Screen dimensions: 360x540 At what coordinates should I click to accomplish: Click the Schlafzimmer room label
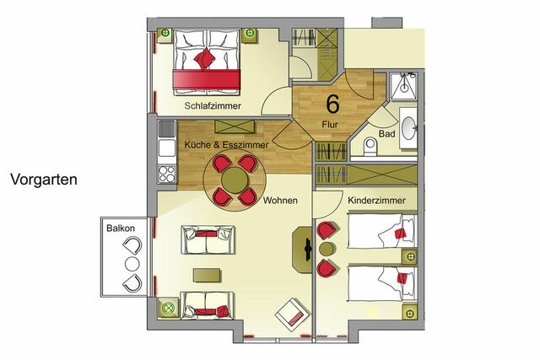(x=213, y=106)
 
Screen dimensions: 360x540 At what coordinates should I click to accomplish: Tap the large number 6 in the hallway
(x=333, y=105)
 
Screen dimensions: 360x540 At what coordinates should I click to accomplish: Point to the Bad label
(x=386, y=134)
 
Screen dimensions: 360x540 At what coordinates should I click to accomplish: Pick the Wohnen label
(x=279, y=201)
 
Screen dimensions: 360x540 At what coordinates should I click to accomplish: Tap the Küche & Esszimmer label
(x=226, y=145)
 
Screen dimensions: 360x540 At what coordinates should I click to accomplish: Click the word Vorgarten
(x=45, y=180)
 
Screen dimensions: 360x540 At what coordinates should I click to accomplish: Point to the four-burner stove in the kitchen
(x=165, y=175)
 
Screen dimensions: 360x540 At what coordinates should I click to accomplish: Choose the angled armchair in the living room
(x=292, y=315)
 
